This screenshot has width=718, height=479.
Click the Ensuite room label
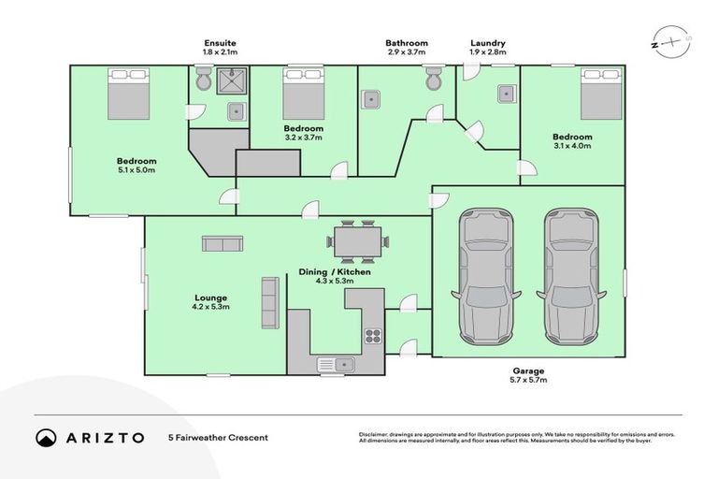[221, 43]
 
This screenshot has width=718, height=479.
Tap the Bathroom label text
[407, 43]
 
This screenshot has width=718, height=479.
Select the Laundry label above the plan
[487, 43]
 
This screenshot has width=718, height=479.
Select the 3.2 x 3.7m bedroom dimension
[304, 138]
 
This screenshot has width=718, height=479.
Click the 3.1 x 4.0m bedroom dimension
[573, 146]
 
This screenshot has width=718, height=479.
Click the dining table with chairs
[355, 240]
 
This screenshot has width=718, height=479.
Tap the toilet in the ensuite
[203, 81]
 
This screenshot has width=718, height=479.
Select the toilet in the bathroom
[433, 81]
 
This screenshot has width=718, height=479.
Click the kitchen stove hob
[372, 335]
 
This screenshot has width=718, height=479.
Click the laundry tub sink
[506, 93]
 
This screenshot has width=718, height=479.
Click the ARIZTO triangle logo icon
[47, 437]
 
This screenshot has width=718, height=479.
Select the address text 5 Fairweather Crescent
[218, 437]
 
